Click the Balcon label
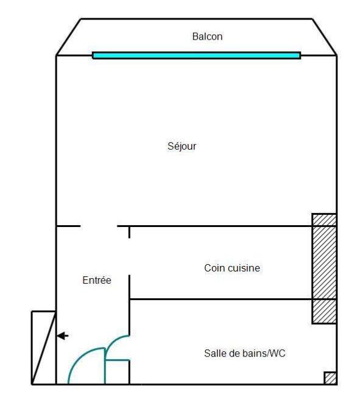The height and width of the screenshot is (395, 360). pyautogui.click(x=207, y=37)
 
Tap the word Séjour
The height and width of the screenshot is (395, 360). pyautogui.click(x=182, y=146)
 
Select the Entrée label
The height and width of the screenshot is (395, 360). pyautogui.click(x=97, y=280)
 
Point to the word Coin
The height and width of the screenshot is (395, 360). pyautogui.click(x=214, y=268)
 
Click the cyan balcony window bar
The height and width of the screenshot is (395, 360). pyautogui.click(x=197, y=55)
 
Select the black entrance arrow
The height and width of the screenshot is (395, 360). pyautogui.click(x=63, y=336)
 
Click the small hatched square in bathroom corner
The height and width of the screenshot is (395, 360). pyautogui.click(x=330, y=378)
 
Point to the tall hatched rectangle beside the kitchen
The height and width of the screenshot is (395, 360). pyautogui.click(x=324, y=268)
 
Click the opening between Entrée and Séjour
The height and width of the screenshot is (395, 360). pyautogui.click(x=99, y=226)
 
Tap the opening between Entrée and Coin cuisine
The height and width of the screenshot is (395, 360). pyautogui.click(x=129, y=256)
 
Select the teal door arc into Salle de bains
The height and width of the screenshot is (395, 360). pyautogui.click(x=113, y=342)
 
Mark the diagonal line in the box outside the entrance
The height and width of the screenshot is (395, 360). pyautogui.click(x=44, y=348)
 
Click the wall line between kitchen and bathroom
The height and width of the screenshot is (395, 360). pyautogui.click(x=221, y=299)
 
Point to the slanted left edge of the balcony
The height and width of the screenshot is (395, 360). pyautogui.click(x=68, y=37)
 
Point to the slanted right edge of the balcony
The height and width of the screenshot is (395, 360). pyautogui.click(x=325, y=37)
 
